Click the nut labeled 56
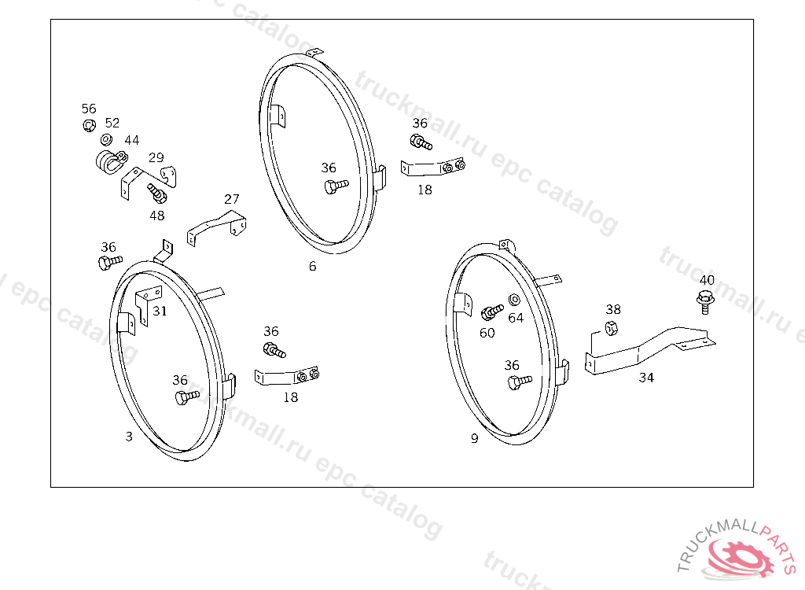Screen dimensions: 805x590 [89, 125]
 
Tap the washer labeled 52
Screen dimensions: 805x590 [106, 139]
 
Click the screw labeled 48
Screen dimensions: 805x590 [156, 194]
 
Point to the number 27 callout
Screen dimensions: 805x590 [232, 198]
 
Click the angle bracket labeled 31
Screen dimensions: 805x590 [147, 303]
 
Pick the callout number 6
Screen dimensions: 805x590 [313, 266]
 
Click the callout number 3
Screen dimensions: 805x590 [129, 437]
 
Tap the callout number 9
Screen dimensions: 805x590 [474, 438]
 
